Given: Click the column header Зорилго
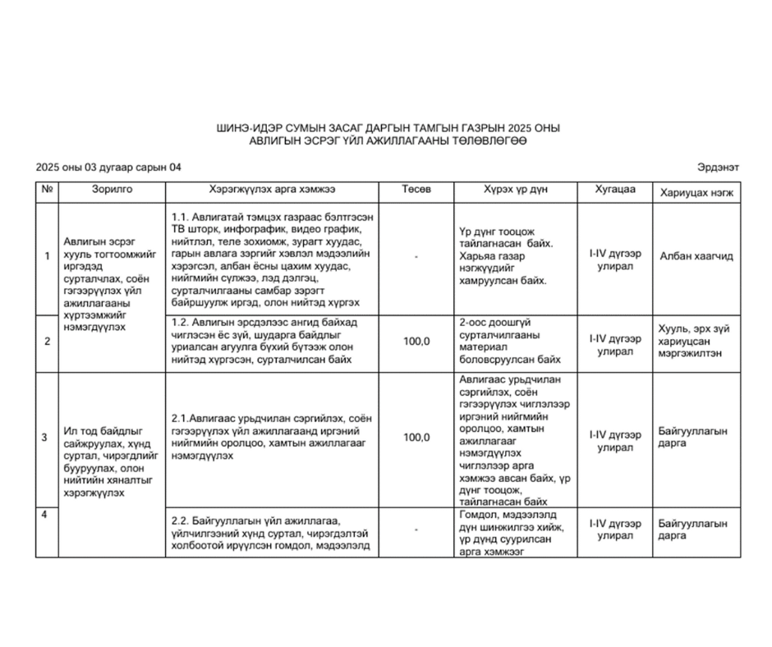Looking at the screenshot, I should point(112,190).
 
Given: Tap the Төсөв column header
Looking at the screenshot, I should point(416,190).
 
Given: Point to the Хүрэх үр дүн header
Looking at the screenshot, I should point(512,190).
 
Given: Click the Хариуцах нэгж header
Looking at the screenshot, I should point(696,190).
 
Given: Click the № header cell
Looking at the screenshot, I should point(46,190).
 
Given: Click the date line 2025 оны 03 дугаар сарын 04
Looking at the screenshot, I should point(109,167).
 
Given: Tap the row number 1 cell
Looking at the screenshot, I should point(46,256).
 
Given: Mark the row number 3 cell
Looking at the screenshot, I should point(46,438).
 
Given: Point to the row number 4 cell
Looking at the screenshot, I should point(46,515).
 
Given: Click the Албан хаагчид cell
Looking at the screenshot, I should point(696,256).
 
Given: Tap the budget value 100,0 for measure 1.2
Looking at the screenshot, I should point(416,341).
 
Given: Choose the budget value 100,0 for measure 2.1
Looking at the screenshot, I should point(416,438).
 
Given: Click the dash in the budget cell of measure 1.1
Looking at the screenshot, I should point(416,257).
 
